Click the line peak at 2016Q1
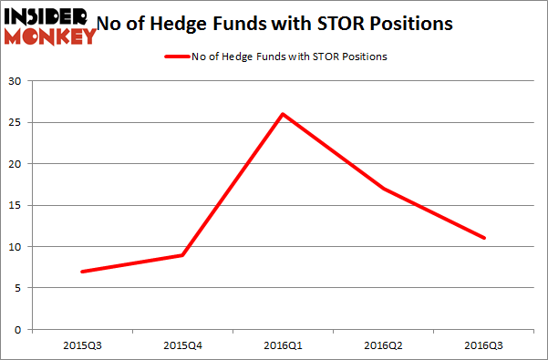click(284, 114)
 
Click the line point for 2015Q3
click(82, 272)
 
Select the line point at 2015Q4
click(183, 254)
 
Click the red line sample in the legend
click(179, 57)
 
